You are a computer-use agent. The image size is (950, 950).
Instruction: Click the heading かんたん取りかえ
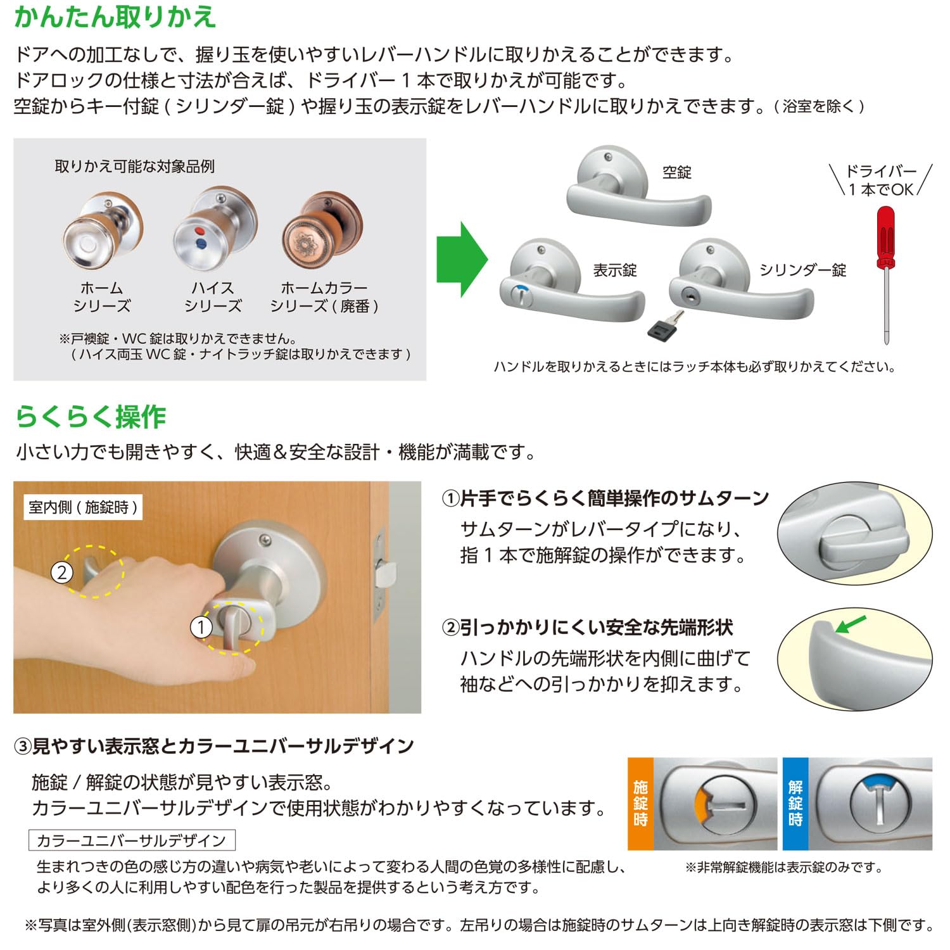[x=115, y=17]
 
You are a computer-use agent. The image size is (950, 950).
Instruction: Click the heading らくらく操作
[x=91, y=417]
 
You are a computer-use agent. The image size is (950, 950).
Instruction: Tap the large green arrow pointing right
[x=462, y=259]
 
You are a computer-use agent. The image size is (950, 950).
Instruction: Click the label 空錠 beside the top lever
[x=676, y=172]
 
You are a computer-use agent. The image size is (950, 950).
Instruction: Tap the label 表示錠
[x=614, y=270]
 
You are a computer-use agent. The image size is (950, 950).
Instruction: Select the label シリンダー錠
[x=802, y=270]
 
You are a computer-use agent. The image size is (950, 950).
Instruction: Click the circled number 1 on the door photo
[x=201, y=628]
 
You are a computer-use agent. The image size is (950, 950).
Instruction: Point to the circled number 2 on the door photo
[x=62, y=573]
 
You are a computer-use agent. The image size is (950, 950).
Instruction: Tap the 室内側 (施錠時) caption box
[x=83, y=507]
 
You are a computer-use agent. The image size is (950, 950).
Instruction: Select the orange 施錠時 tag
[x=640, y=803]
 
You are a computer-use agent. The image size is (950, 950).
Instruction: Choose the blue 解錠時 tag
[x=795, y=803]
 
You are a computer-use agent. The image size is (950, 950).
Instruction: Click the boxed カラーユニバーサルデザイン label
[x=132, y=840]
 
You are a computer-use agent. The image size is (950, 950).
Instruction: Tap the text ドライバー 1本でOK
[x=881, y=180]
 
